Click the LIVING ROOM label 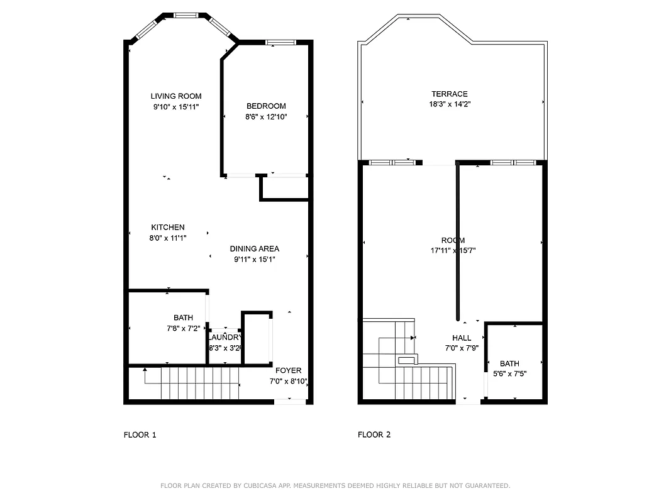pos(176,96)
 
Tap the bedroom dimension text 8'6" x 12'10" pos(266,116)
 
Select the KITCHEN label pos(168,228)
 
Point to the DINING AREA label pos(254,249)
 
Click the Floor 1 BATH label pos(183,318)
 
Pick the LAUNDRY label pos(225,338)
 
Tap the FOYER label pos(288,371)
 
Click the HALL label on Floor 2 pos(462,338)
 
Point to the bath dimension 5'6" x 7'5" pos(509,373)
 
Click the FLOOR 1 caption pos(140,434)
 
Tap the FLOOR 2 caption pos(374,434)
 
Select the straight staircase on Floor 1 pos(201,383)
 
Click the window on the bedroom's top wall pos(280,43)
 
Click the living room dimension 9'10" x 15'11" pos(176,107)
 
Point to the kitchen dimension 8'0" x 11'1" pos(168,238)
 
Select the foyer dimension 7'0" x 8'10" pos(288,381)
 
